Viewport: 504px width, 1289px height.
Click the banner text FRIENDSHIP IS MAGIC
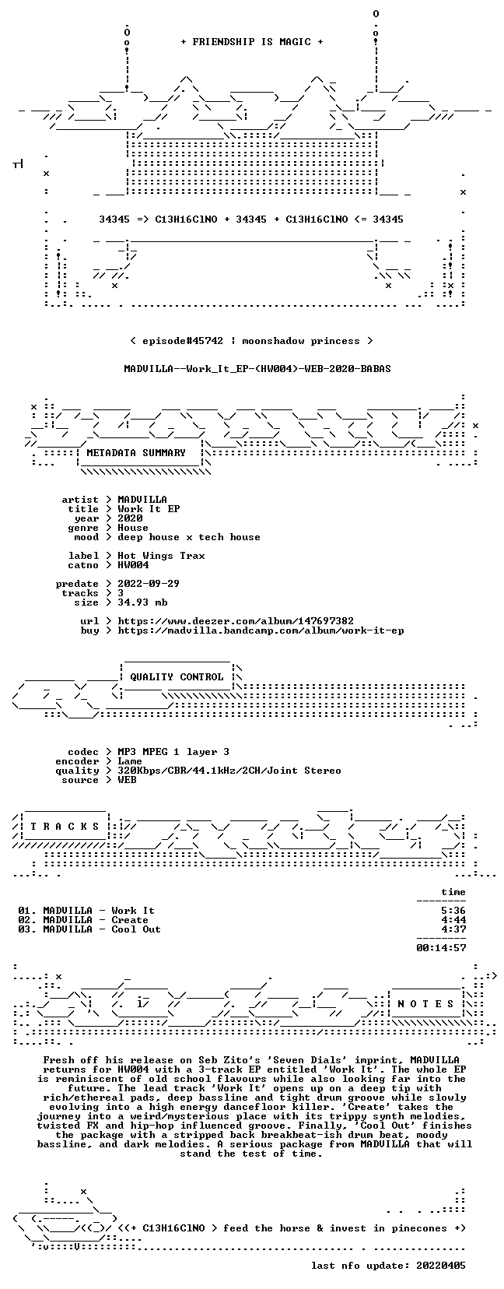252,42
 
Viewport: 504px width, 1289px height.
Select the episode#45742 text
182,341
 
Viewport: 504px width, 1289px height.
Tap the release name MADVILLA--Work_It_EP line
257,369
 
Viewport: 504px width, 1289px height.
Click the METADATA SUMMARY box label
136,453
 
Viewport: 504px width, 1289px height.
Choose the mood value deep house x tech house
188,537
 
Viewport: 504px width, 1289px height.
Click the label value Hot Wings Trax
161,556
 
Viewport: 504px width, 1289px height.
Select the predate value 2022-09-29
149,584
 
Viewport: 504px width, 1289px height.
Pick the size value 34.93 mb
142,602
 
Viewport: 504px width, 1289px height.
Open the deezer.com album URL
236,621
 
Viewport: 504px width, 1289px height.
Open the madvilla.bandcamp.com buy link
261,630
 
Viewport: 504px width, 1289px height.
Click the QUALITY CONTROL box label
177,677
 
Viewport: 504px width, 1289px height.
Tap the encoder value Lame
130,761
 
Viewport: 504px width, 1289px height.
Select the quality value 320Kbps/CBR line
229,771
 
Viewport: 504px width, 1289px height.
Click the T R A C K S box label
65,827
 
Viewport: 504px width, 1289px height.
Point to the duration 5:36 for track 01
453,911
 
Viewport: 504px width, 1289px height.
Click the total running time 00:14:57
441,948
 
